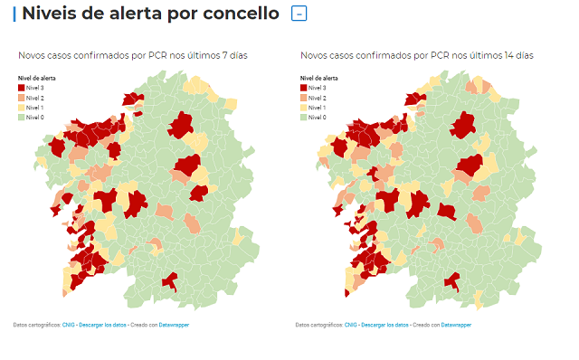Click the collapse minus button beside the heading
(299, 14)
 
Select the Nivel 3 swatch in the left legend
(23, 88)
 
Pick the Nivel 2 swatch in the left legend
(23, 98)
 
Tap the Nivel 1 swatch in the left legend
(23, 108)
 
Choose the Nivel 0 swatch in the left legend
(23, 118)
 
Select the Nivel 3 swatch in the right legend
(303, 88)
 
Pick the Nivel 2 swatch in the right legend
(303, 98)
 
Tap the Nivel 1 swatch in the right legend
(303, 108)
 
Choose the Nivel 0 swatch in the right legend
(303, 118)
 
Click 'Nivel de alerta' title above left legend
(37, 79)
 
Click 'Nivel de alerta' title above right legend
(318, 79)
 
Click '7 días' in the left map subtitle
(233, 56)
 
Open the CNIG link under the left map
(68, 324)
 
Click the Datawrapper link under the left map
(172, 324)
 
